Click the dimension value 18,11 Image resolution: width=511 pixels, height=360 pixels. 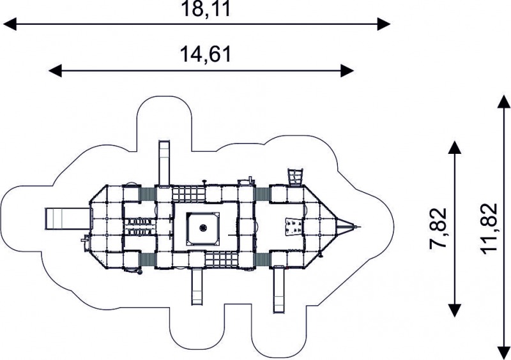206,9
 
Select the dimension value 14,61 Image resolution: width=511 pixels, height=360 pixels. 206,54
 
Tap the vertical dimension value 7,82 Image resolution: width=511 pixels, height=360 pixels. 438,228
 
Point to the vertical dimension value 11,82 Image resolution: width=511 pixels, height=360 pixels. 488,227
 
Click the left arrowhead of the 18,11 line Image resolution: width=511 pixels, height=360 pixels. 10,24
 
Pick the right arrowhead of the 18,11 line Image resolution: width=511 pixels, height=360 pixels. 384,24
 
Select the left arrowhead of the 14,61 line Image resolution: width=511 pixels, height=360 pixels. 55,70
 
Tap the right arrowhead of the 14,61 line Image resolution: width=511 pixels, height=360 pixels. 347,70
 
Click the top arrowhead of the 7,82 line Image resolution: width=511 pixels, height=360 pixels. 455,147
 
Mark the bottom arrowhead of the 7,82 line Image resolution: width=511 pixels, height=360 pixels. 455,310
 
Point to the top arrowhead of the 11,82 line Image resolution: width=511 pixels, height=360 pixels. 504,101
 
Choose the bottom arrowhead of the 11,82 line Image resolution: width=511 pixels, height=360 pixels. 504,353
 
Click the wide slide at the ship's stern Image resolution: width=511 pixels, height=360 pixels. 67,219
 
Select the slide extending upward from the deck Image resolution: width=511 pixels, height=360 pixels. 164,163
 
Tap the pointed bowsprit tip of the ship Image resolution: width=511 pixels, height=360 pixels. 360,227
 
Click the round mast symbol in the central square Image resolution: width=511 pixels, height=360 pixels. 203,227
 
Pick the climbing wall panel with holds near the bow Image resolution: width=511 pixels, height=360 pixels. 294,227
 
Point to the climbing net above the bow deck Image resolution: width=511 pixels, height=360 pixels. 295,177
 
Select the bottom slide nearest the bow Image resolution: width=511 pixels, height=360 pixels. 278,290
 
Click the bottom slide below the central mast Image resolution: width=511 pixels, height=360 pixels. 197,287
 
